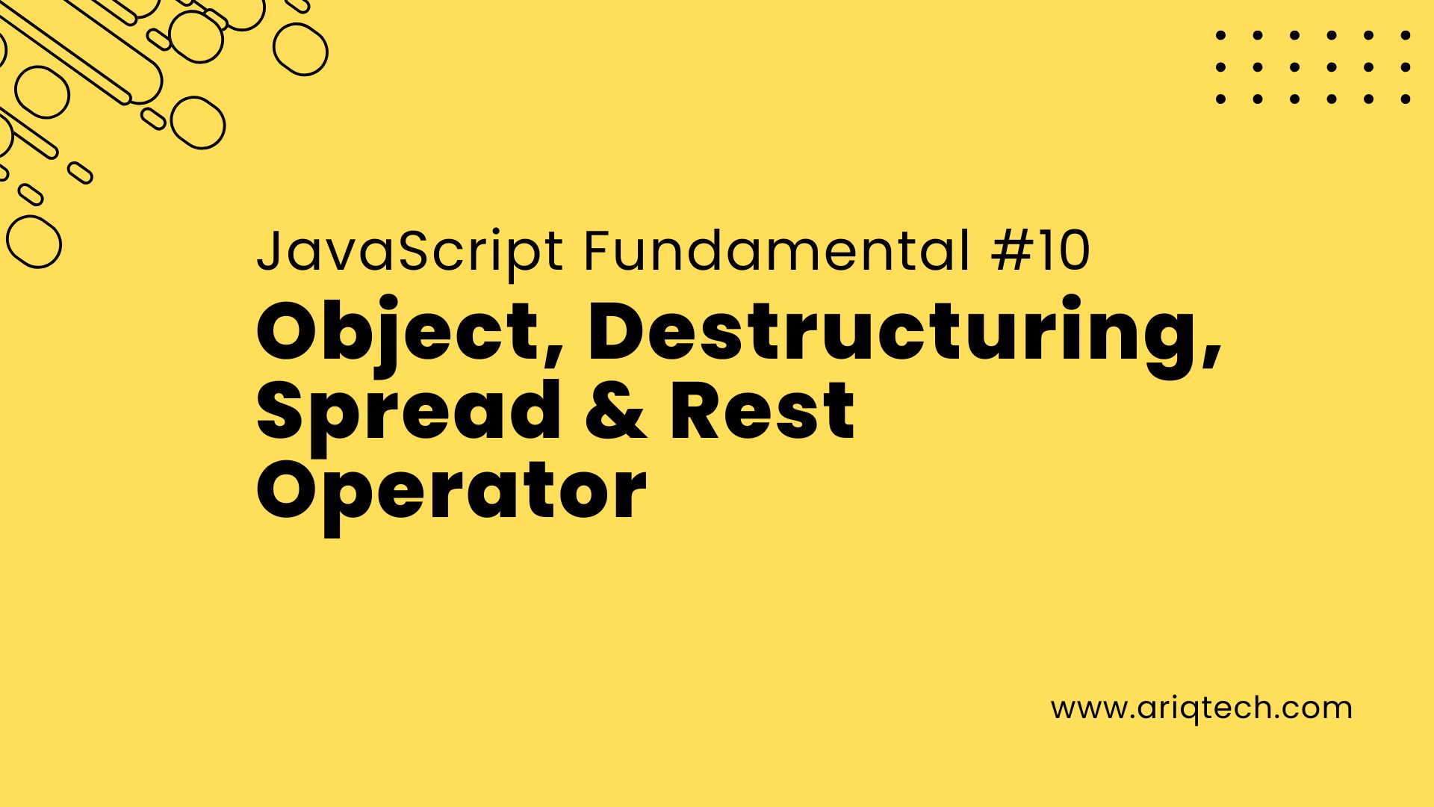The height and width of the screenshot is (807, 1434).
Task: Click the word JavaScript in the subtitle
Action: (x=410, y=253)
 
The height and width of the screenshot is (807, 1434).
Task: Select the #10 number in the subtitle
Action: (x=1041, y=251)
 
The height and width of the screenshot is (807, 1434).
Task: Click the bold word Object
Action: (x=399, y=335)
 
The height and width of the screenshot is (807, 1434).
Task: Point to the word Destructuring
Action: (x=896, y=335)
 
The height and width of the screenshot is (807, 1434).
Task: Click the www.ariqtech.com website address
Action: (x=1202, y=708)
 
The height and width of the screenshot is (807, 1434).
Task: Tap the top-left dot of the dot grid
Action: (x=1221, y=34)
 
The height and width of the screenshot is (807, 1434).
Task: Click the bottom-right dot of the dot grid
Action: (x=1406, y=99)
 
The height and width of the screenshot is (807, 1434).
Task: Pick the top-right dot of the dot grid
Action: (x=1406, y=34)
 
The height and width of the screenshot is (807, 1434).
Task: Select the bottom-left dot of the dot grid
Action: (x=1221, y=99)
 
